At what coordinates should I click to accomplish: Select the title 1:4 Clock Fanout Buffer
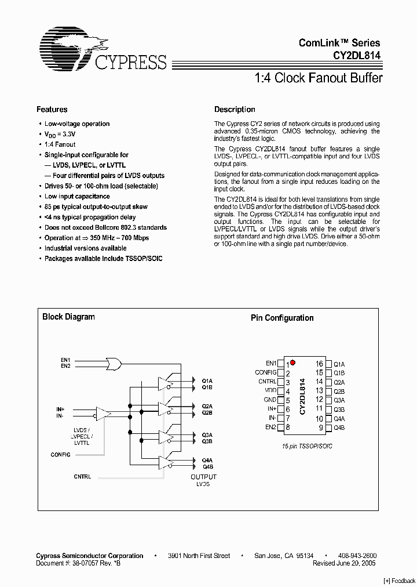click(319, 78)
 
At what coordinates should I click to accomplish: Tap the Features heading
click(52, 109)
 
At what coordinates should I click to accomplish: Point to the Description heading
click(235, 109)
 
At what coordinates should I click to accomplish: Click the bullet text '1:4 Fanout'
click(60, 144)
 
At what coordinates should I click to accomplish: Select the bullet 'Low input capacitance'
click(77, 197)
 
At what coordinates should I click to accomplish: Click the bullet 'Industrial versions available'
click(85, 248)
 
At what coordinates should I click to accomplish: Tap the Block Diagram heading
click(68, 317)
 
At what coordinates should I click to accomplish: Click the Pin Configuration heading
click(282, 318)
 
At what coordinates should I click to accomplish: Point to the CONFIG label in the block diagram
click(60, 455)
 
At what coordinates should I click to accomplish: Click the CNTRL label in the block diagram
click(82, 476)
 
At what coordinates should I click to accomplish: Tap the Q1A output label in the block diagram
click(207, 381)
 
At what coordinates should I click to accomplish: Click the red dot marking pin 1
click(293, 363)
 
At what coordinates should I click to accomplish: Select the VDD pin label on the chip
click(270, 391)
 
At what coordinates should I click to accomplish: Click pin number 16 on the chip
click(319, 364)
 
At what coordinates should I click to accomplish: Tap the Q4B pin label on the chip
click(339, 427)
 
